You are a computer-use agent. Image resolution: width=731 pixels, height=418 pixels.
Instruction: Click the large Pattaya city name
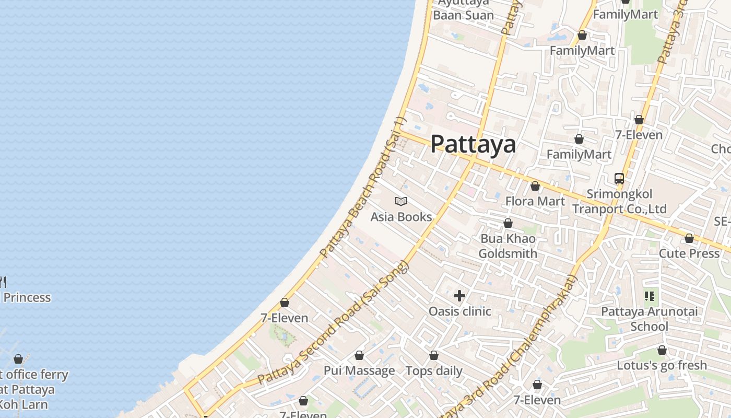tap(473, 144)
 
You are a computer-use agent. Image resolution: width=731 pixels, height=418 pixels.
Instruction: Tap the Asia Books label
tap(401, 217)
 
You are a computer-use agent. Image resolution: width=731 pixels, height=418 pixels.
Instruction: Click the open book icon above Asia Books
tap(401, 201)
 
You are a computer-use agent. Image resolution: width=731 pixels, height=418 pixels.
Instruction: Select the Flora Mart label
tap(535, 201)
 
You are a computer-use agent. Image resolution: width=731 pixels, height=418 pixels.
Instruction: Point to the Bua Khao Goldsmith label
tap(508, 246)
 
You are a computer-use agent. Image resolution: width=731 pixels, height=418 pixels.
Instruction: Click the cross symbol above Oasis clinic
tap(459, 296)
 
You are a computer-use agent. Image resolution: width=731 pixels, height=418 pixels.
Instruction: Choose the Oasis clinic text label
tap(459, 311)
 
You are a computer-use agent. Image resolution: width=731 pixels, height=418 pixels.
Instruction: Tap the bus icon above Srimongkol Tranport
tap(619, 179)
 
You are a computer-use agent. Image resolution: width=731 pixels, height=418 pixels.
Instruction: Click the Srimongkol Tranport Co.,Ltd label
tap(619, 202)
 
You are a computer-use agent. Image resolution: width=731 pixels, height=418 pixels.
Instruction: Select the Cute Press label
tap(689, 253)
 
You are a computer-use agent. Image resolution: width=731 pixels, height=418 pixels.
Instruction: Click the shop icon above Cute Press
tap(689, 239)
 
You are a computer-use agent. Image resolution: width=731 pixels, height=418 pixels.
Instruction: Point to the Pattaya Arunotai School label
tap(649, 319)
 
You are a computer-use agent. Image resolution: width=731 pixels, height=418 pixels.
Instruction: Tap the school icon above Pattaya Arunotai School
tap(649, 297)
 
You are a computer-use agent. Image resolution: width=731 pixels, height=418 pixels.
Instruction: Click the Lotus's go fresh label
tap(662, 365)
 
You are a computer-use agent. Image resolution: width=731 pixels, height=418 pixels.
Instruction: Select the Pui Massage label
tap(359, 371)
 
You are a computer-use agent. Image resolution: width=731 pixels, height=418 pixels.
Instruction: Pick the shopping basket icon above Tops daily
tap(434, 356)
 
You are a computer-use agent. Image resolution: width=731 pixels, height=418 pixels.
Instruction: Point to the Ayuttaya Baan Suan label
tap(463, 9)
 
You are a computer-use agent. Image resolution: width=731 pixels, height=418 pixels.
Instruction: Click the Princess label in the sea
tap(27, 298)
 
